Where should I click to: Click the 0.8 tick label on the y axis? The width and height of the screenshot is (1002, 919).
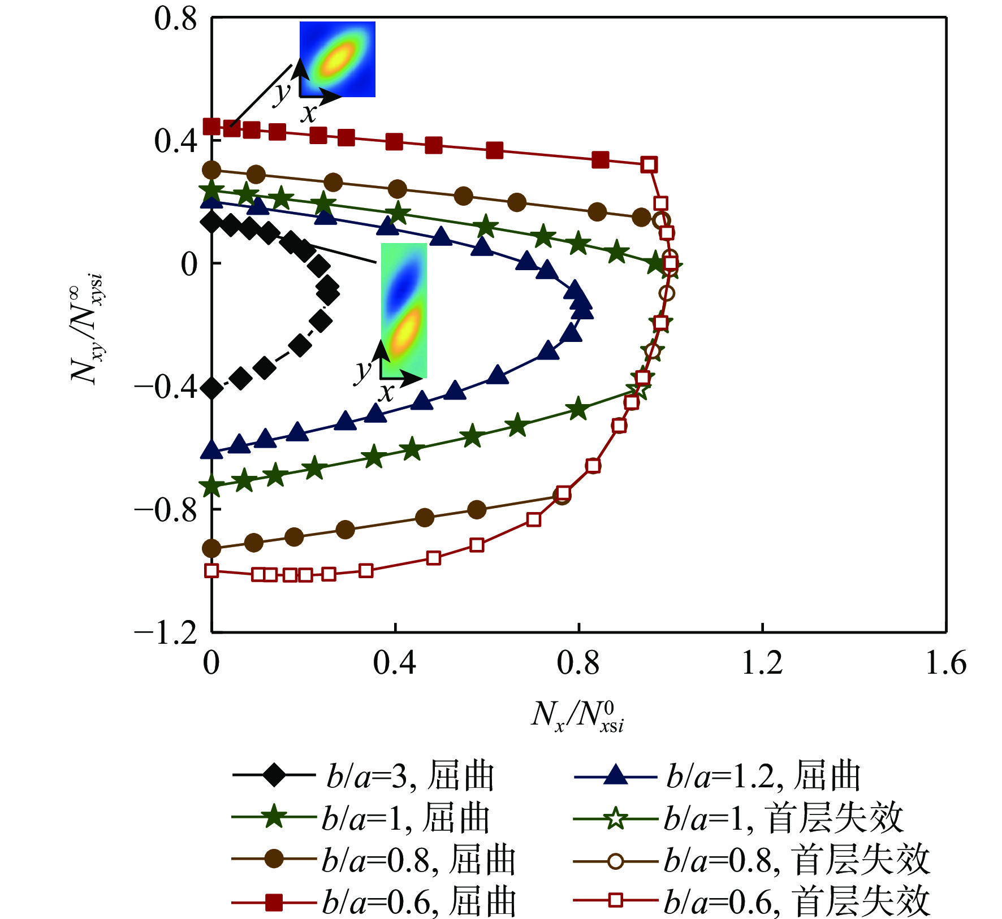tap(175, 19)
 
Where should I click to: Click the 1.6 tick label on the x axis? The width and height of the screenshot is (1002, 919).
tap(945, 663)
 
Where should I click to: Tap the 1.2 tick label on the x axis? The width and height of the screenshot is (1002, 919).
tap(762, 663)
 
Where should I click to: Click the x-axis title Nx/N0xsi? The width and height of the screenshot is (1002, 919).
tap(577, 717)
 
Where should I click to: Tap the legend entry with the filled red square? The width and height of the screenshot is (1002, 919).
tap(374, 902)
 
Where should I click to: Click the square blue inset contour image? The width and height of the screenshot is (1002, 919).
tap(338, 59)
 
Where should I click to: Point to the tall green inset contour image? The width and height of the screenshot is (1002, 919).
tap(404, 310)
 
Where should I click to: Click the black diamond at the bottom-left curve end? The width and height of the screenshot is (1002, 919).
tap(212, 388)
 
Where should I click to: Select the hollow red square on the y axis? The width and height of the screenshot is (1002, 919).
tap(211, 570)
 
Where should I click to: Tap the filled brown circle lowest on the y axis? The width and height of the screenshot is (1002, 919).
tap(211, 548)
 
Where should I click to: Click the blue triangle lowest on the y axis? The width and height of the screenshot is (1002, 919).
tap(212, 450)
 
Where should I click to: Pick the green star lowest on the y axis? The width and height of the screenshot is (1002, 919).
tap(212, 485)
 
